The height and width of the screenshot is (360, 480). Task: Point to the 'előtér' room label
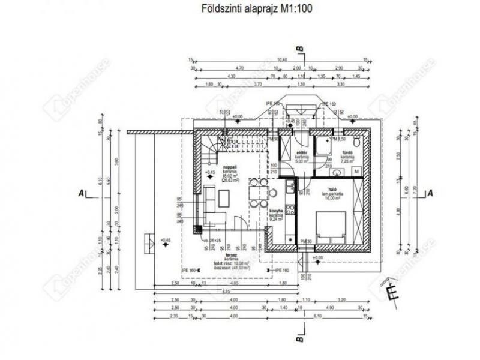tap(302, 153)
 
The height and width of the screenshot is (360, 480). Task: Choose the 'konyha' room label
tap(276, 211)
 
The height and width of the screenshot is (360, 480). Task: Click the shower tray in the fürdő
tap(324, 146)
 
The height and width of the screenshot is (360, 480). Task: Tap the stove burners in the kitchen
tap(290, 210)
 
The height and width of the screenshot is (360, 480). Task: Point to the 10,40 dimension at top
tap(282, 59)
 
